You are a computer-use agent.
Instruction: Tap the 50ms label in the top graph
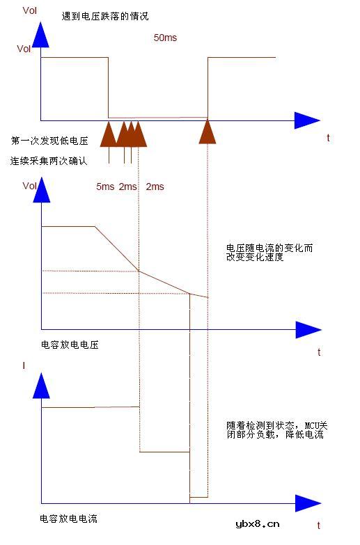(x=165, y=38)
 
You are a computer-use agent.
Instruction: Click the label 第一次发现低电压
(x=49, y=141)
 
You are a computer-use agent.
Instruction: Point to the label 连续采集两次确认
(x=49, y=161)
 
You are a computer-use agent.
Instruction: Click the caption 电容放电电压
(x=70, y=344)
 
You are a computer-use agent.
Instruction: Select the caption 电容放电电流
(x=70, y=519)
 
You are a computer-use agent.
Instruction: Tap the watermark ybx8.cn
(x=258, y=524)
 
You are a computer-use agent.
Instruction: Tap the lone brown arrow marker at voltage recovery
(x=208, y=132)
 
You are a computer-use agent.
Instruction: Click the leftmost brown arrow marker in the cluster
(x=108, y=134)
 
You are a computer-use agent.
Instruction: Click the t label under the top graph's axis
(x=328, y=138)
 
